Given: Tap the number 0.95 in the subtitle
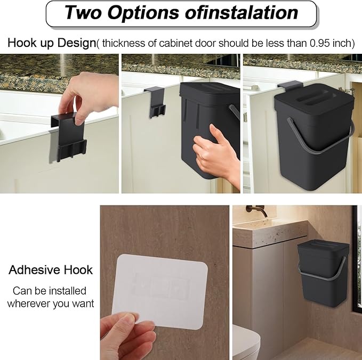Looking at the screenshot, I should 319,43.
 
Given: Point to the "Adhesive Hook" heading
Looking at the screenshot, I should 50,270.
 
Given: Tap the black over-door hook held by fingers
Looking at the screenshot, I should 69,136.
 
